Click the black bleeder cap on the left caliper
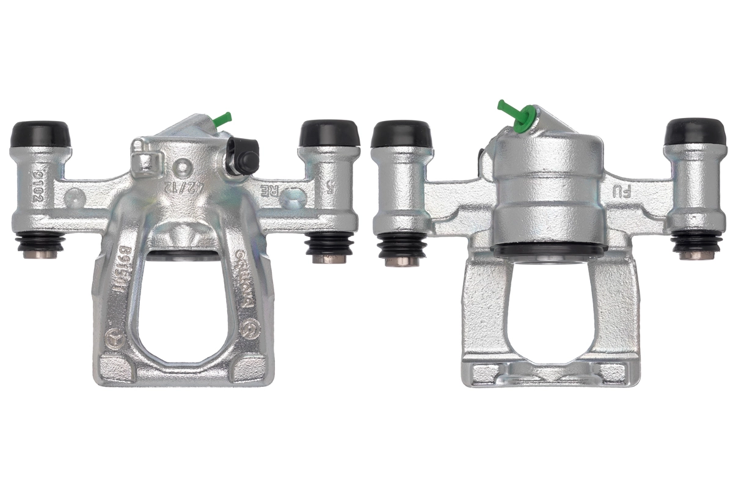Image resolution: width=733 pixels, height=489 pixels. coord(242,156)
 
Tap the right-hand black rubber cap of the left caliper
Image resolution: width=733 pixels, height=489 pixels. coord(329,132)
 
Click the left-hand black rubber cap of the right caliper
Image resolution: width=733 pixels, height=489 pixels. coord(401,134)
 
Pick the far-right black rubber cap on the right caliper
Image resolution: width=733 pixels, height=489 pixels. coord(695,131)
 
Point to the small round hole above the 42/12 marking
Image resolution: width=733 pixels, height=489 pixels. coord(182,167)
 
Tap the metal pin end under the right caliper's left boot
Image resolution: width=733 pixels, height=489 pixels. coord(401,261)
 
